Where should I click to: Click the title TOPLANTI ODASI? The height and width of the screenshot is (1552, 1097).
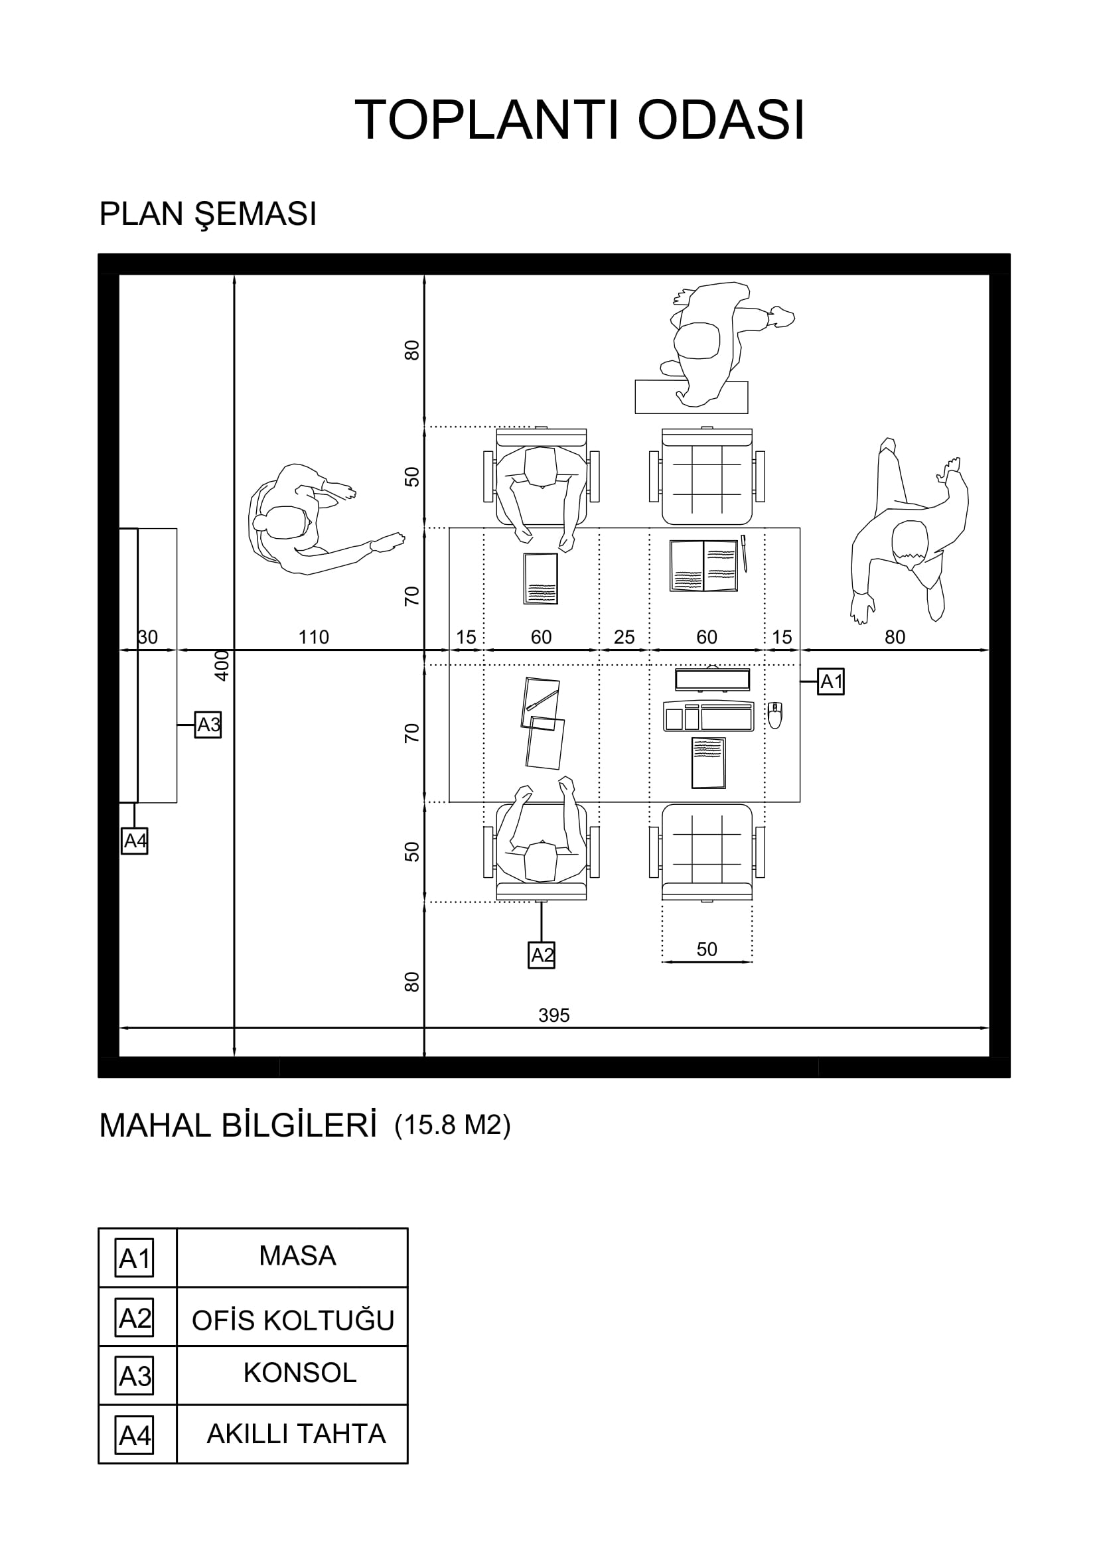579,120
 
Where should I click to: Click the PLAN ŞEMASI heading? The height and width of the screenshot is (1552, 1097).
208,214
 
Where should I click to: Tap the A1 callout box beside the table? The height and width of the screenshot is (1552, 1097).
831,681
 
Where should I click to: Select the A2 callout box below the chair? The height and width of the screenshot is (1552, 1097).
542,955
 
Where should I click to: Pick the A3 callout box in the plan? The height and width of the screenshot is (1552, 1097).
208,725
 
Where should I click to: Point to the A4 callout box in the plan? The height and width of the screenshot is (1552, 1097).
135,841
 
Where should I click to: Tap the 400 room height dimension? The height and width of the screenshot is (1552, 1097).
222,665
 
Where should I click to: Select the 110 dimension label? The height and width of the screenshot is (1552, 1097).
314,637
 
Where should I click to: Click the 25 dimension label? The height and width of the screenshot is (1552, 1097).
624,637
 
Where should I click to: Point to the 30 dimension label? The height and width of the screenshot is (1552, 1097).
147,637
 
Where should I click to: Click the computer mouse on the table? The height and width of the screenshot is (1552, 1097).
775,715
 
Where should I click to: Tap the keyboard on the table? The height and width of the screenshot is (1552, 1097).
708,716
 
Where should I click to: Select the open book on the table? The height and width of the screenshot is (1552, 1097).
703,566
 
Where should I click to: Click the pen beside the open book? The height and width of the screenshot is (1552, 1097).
744,553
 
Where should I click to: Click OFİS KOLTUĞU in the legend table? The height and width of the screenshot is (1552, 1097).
293,1320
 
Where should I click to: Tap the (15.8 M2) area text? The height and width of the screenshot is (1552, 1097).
452,1125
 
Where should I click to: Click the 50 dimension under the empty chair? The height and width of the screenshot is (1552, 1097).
707,949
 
